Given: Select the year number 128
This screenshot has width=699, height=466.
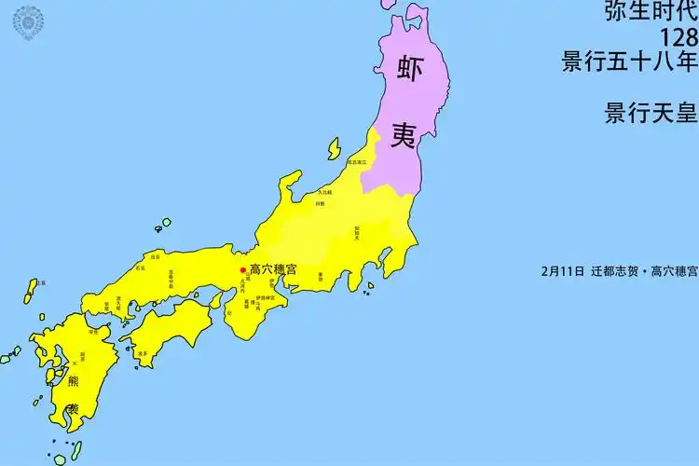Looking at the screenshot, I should click(x=678, y=37).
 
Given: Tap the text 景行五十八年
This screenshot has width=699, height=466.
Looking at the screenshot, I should click(x=629, y=62).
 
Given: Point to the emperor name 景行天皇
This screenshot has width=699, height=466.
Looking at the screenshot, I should click(x=651, y=113).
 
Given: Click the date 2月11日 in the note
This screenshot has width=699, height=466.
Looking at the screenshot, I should click(x=562, y=272).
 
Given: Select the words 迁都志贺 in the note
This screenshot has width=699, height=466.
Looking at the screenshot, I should click(x=615, y=272).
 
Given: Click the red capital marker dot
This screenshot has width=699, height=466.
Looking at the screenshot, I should click(x=244, y=269).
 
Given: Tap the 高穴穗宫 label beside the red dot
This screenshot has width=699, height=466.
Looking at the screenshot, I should click(x=274, y=269).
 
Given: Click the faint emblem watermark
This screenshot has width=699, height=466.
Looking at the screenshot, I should click(x=28, y=21).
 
